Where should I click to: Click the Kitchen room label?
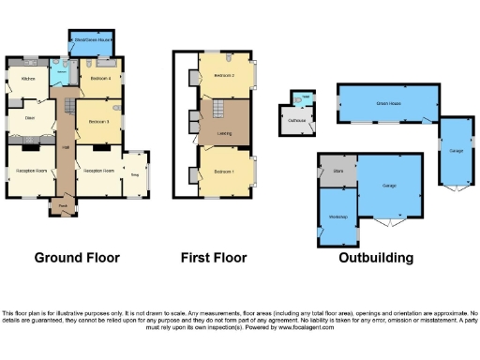coord(28,80)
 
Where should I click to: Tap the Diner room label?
coord(29,117)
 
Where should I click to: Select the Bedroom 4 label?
coord(100,80)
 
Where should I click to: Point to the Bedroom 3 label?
coord(99,122)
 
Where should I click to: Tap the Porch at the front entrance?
coord(63,204)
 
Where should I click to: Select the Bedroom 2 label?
coord(223,74)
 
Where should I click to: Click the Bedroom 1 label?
coord(222,172)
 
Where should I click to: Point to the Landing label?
coord(225,133)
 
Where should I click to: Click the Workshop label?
coord(338,217)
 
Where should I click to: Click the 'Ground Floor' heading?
coord(74,257)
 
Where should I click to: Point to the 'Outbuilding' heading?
coord(374,257)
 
